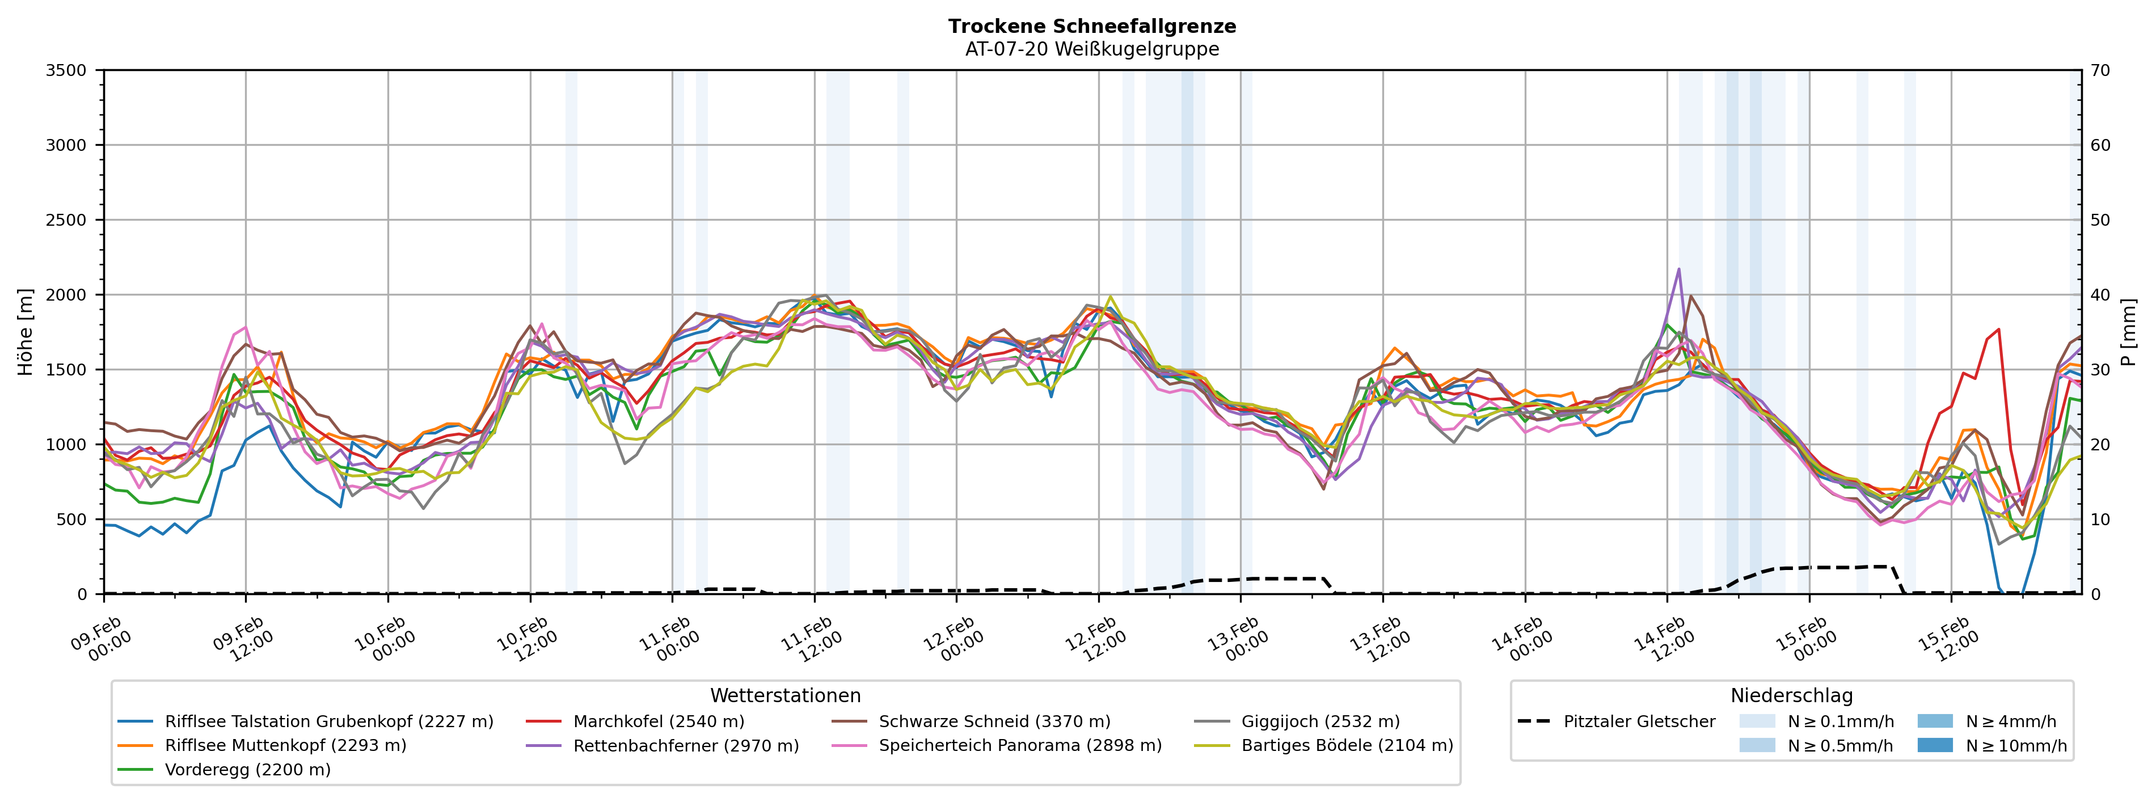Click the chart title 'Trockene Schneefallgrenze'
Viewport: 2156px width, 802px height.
1091,26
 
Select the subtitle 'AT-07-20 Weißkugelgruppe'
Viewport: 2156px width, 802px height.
1091,49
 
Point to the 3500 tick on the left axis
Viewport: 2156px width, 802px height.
66,70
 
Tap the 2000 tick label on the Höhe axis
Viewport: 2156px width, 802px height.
66,295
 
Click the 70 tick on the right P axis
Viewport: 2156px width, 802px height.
2100,70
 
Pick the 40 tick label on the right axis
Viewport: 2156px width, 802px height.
2100,295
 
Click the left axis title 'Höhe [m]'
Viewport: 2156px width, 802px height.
25,332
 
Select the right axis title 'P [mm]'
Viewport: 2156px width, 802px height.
2128,332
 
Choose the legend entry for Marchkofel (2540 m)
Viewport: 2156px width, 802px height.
658,721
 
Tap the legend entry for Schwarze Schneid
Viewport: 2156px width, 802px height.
994,721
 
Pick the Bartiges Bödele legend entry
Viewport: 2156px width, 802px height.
1347,745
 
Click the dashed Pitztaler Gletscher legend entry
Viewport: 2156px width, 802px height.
1639,721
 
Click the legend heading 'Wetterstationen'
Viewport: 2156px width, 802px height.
785,696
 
